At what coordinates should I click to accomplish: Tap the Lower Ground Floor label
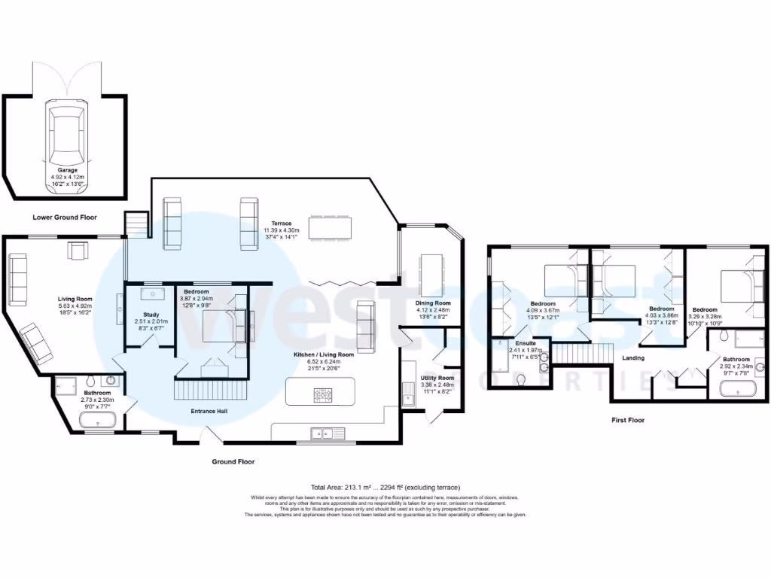tap(65, 217)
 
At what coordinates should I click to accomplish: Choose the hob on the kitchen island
tap(324, 393)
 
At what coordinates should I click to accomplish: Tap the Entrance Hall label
tap(211, 412)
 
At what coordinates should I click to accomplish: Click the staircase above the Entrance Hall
tap(211, 391)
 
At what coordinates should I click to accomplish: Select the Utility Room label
tap(437, 378)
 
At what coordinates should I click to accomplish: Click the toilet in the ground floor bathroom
tap(90, 379)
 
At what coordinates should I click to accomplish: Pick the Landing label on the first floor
tap(633, 358)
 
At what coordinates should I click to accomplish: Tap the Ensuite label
tap(526, 342)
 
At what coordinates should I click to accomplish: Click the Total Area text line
tap(385, 487)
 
